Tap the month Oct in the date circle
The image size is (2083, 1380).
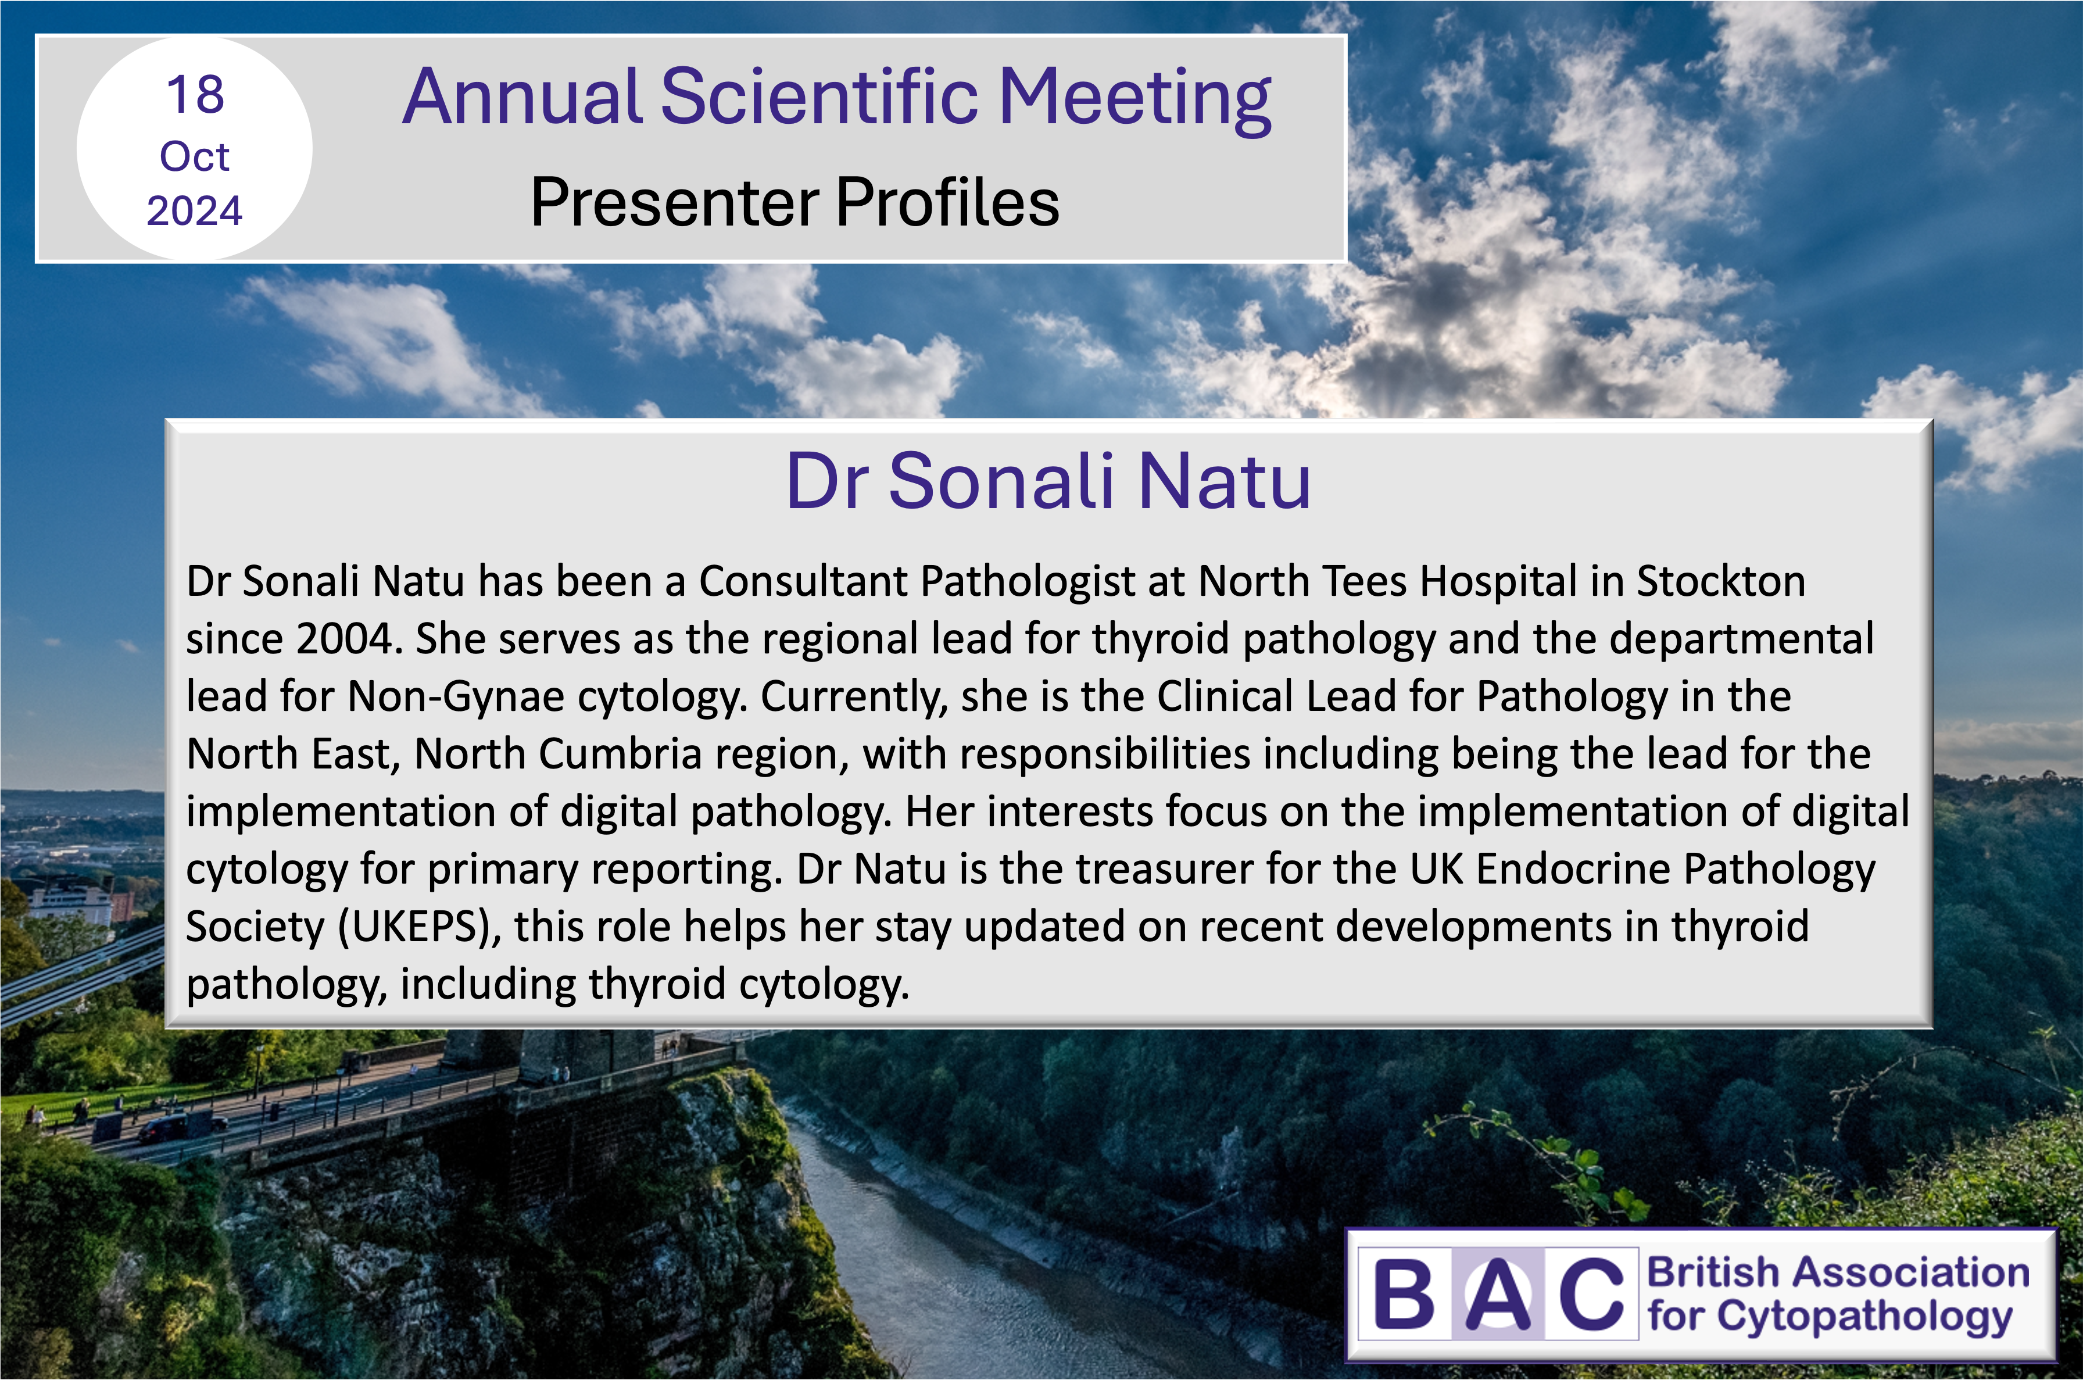point(195,156)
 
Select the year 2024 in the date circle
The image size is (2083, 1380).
point(195,211)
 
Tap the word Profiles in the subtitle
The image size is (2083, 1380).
point(948,202)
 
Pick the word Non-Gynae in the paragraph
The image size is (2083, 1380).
point(456,697)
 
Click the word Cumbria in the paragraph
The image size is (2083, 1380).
point(620,755)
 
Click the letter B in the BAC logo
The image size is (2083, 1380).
point(1405,1294)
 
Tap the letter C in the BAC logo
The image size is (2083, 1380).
point(1591,1294)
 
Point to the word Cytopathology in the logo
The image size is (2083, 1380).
point(1864,1318)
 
